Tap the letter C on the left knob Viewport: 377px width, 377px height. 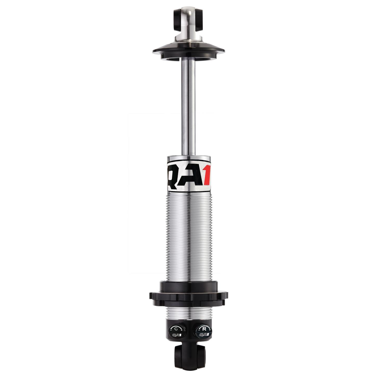[176, 329]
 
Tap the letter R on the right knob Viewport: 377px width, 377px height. [204, 329]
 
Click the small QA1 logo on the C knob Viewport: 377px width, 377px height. [177, 335]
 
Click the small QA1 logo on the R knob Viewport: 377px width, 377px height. [204, 335]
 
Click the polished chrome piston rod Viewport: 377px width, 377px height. [188, 109]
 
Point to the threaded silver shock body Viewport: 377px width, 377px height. [188, 234]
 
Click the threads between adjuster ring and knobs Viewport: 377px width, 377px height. [188, 313]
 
